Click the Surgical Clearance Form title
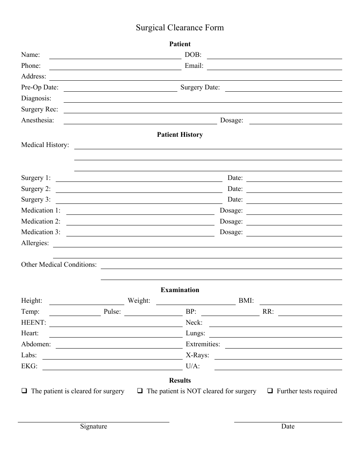point(180,28)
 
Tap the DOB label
point(193,55)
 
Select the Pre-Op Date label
point(40,88)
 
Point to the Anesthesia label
point(38,120)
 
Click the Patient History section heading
point(180,134)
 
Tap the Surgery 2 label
point(36,189)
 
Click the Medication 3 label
point(41,232)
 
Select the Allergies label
point(35,243)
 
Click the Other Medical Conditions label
point(59,264)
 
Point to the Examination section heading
point(180,290)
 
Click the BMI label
point(246,301)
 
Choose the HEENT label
point(34,322)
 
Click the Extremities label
point(203,344)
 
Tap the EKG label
point(30,366)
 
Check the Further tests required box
point(270,391)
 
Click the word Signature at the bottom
point(94,426)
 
